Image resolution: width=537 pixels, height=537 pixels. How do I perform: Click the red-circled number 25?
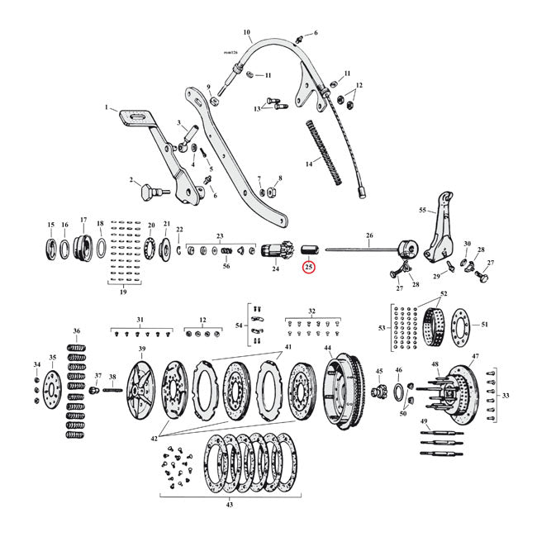(x=309, y=267)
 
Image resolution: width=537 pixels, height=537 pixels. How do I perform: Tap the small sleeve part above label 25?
(x=309, y=249)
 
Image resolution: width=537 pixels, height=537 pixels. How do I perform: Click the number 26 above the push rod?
(x=368, y=235)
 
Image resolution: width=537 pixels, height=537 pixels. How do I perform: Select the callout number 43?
(x=229, y=506)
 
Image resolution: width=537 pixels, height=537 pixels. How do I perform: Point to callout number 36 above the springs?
(x=77, y=331)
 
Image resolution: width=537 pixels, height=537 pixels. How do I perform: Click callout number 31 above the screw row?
(x=140, y=320)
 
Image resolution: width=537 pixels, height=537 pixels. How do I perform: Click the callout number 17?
(x=83, y=224)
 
